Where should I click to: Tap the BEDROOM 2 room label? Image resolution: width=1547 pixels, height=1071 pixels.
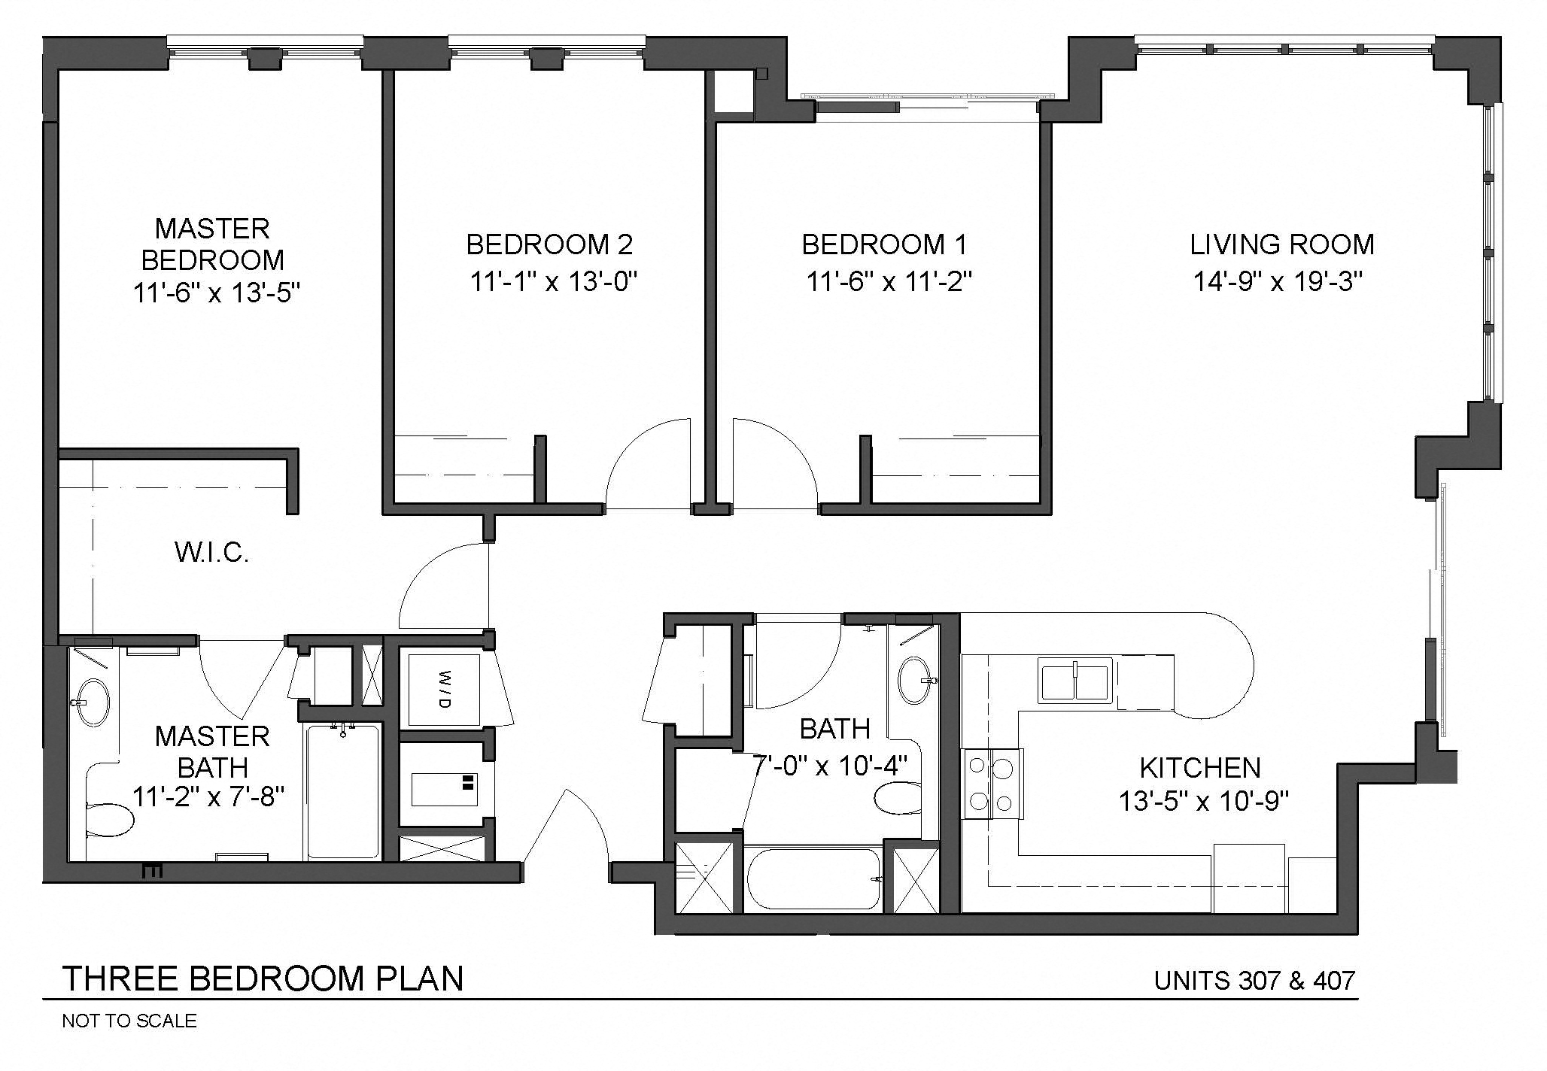549,244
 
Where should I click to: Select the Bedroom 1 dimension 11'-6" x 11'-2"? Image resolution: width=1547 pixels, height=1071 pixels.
889,282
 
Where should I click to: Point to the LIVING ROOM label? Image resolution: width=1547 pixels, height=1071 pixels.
1282,244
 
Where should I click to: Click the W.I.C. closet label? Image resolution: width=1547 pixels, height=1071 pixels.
211,554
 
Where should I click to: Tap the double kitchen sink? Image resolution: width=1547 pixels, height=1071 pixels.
1075,679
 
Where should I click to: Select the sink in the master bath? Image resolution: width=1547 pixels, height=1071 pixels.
95,702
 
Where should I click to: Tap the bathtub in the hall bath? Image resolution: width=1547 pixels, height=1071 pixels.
813,879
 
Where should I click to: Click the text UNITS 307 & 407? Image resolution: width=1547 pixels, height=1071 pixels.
1254,981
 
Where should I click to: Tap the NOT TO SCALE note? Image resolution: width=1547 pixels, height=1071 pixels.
129,1021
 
